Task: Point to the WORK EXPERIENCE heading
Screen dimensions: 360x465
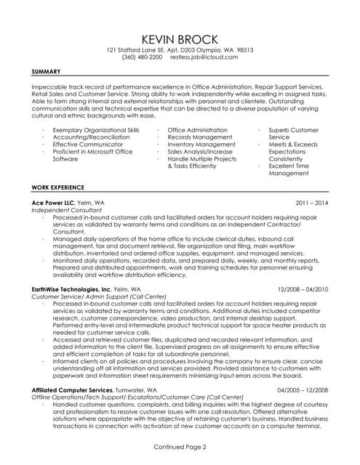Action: click(x=58, y=187)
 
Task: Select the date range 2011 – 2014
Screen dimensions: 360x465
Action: click(x=312, y=203)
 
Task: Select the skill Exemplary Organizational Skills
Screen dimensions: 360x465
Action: click(x=96, y=130)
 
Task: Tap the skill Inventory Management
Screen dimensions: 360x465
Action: click(x=200, y=145)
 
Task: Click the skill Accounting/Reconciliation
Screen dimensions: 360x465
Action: click(x=89, y=137)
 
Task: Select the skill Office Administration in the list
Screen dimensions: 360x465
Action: click(x=197, y=130)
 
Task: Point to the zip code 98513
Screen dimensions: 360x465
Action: click(x=240, y=49)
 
